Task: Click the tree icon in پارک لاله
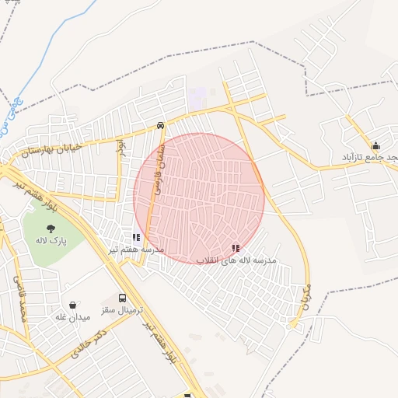[51, 229]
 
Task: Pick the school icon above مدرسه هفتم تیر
[136, 237]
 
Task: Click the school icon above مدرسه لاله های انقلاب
[235, 248]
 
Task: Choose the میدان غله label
[73, 316]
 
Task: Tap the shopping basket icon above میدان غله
[73, 305]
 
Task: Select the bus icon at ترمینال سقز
[122, 298]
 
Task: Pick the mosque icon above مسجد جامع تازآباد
[376, 145]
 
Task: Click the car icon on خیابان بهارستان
[159, 124]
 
